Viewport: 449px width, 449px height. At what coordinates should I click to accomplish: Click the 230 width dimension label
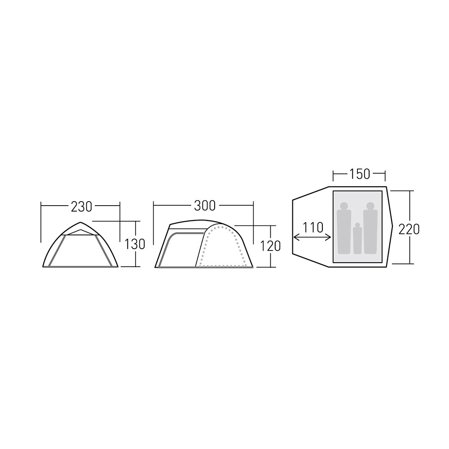pos(81,207)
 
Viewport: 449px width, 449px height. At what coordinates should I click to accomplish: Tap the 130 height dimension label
pos(135,244)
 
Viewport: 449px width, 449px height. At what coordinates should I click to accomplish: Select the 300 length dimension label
pos(205,206)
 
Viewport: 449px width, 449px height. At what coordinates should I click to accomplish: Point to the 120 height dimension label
pos(270,246)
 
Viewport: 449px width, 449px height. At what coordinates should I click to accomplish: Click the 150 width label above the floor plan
pos(359,174)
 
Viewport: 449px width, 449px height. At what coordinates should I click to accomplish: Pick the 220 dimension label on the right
pos(409,229)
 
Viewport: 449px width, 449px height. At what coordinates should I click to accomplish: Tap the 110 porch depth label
pos(313,228)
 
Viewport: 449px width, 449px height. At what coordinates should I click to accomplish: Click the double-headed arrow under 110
pos(313,237)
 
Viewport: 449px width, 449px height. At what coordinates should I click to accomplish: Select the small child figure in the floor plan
pos(357,238)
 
